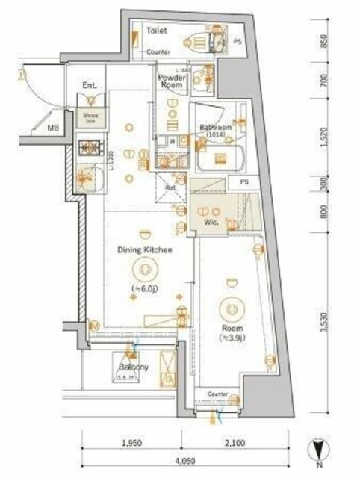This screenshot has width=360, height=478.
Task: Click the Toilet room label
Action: click(157, 31)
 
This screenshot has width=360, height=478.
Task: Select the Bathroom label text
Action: click(216, 128)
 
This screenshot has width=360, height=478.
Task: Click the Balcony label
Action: click(133, 367)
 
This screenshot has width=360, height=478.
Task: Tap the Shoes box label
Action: click(90, 118)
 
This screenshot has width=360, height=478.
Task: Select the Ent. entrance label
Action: click(90, 86)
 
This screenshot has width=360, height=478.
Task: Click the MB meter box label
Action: click(53, 128)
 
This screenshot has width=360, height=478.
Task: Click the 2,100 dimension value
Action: click(235, 444)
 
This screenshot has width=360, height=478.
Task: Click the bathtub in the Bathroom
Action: click(224, 158)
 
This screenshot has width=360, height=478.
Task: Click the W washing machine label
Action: click(173, 140)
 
